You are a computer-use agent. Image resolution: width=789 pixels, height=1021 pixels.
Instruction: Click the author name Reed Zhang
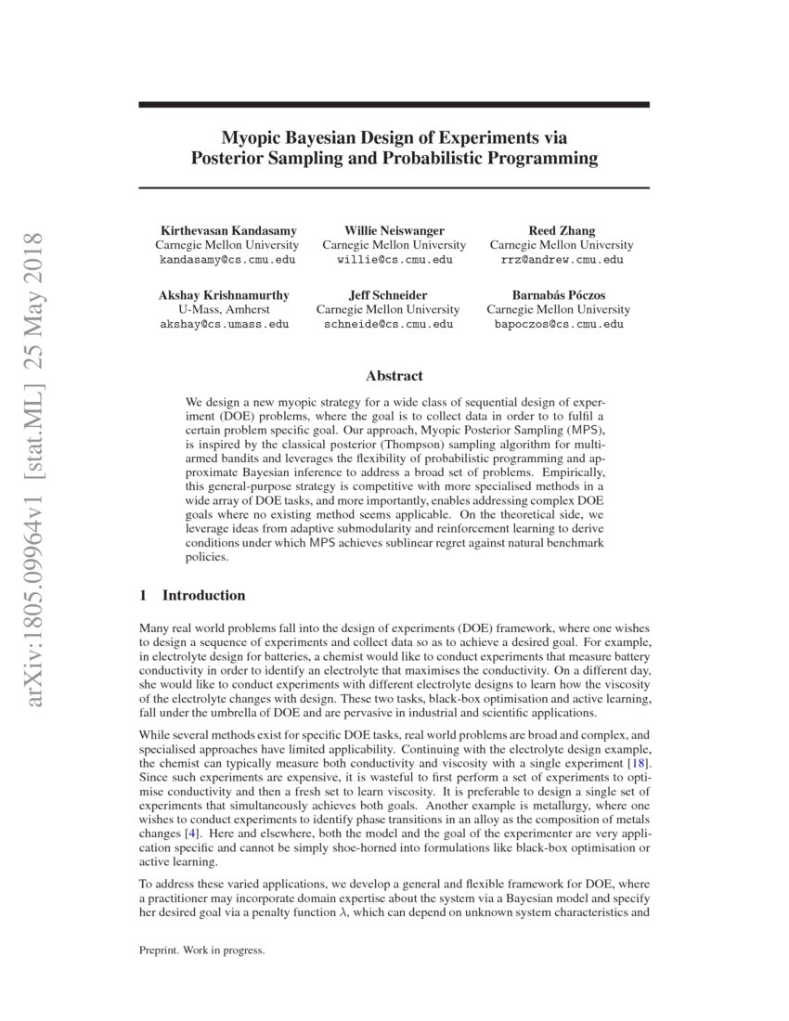click(562, 230)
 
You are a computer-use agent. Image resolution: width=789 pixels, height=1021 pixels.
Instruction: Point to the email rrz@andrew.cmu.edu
click(562, 260)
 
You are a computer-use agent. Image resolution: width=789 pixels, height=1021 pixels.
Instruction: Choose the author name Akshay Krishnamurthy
click(224, 295)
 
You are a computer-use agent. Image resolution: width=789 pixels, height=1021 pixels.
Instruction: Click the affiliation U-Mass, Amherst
click(224, 309)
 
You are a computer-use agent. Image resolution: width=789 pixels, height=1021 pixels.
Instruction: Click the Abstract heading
click(394, 376)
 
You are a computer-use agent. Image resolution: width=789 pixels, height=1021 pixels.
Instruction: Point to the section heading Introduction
click(203, 595)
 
